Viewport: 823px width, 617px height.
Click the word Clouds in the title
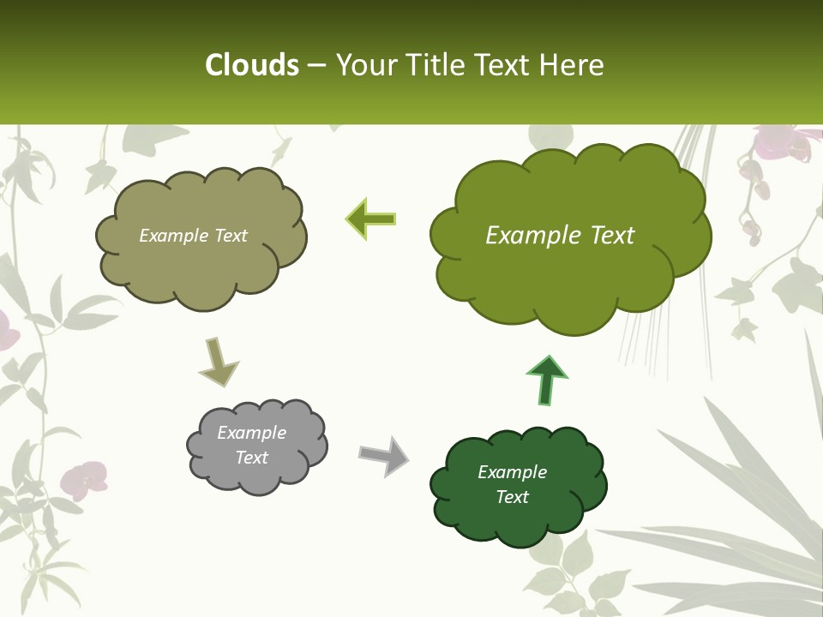[x=251, y=65]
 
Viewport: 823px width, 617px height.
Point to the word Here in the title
[x=572, y=65]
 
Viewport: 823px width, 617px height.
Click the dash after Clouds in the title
[x=316, y=66]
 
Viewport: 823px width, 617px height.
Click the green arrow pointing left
[x=370, y=219]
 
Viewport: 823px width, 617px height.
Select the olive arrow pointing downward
[x=218, y=362]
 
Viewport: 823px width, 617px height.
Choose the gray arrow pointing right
[x=384, y=455]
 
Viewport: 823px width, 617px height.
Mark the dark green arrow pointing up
[x=546, y=379]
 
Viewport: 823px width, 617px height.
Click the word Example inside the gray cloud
[x=252, y=433]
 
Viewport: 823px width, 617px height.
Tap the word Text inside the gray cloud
[x=252, y=458]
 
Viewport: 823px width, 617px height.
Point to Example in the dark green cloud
[x=512, y=472]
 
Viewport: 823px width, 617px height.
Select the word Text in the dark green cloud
[x=512, y=497]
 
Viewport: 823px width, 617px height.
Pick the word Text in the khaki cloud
[x=230, y=236]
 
